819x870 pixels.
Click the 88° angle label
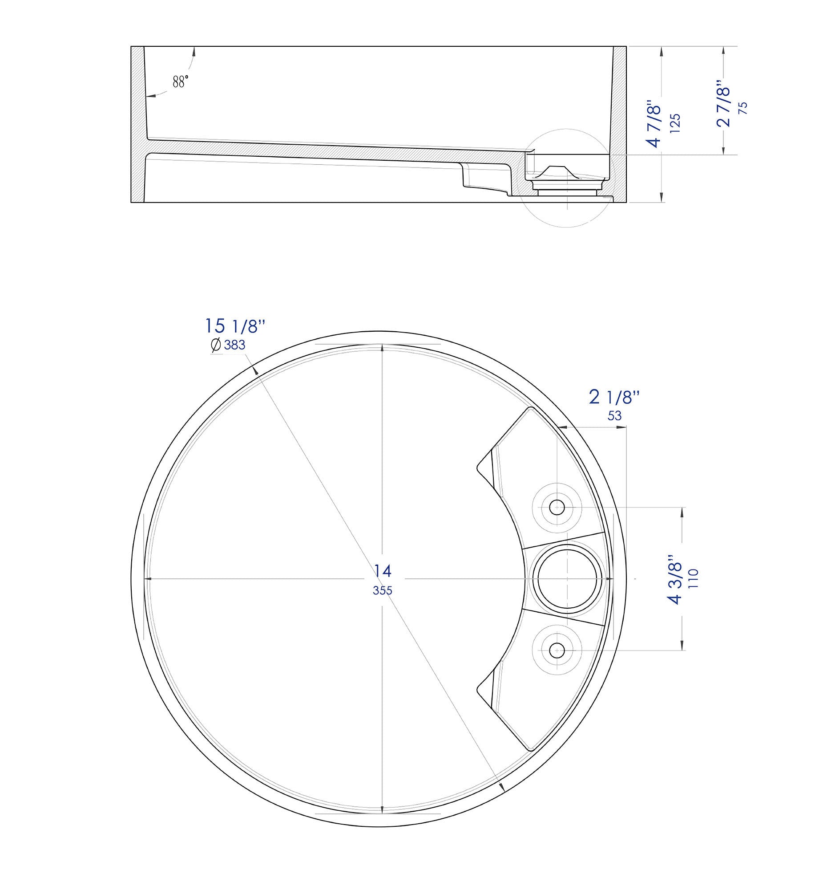tap(181, 81)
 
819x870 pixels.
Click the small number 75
tap(743, 109)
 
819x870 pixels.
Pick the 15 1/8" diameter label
tap(235, 326)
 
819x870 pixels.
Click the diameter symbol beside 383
tap(216, 345)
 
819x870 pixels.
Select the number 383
tap(234, 345)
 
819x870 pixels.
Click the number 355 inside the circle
tap(383, 591)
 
